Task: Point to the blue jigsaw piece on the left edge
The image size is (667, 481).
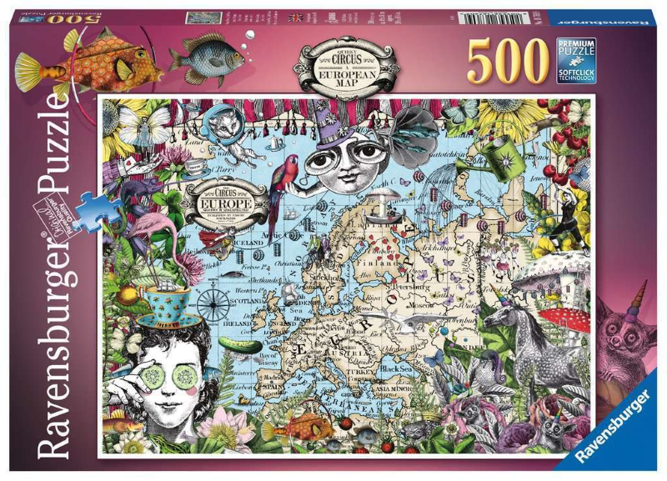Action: (90, 203)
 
